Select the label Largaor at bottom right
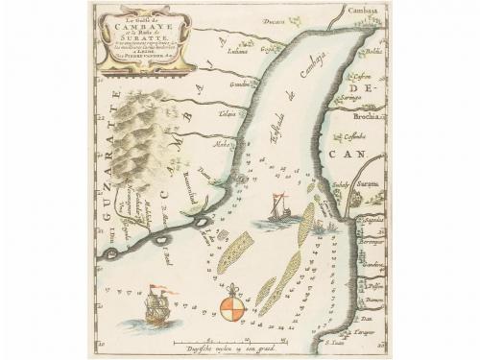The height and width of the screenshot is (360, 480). click(x=362, y=330)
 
